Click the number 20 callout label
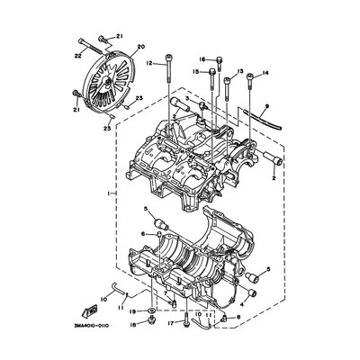(x=139, y=45)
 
